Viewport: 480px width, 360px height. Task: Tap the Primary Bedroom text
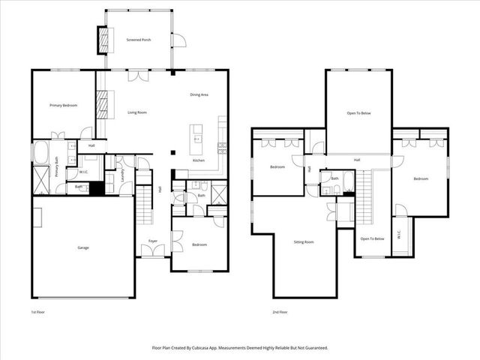(63, 105)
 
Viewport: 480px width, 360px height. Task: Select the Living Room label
(136, 112)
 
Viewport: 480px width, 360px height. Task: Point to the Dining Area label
(199, 94)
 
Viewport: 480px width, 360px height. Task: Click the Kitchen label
(199, 160)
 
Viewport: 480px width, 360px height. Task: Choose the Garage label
(84, 247)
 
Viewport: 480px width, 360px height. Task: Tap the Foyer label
(152, 241)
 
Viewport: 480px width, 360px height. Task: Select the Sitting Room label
(303, 242)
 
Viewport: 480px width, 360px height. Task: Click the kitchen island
(197, 134)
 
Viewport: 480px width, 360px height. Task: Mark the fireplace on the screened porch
(102, 40)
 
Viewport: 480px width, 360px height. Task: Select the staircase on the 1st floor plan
(144, 201)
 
